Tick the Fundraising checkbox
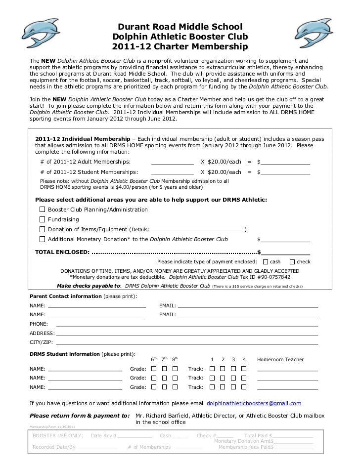pos(43,219)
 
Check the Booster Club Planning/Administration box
pos(43,210)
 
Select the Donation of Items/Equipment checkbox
pos(43,229)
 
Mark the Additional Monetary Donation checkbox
pos(43,239)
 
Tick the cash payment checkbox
pos(267,262)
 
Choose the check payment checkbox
pos(292,262)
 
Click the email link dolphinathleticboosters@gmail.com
pos(253,403)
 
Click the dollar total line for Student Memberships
pos(286,172)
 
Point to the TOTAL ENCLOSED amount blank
pos(286,254)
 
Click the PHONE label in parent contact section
pos(39,324)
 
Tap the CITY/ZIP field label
pos(41,342)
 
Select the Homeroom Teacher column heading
pos(280,360)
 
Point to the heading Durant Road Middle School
pos(180,26)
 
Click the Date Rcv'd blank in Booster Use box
pos(135,436)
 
